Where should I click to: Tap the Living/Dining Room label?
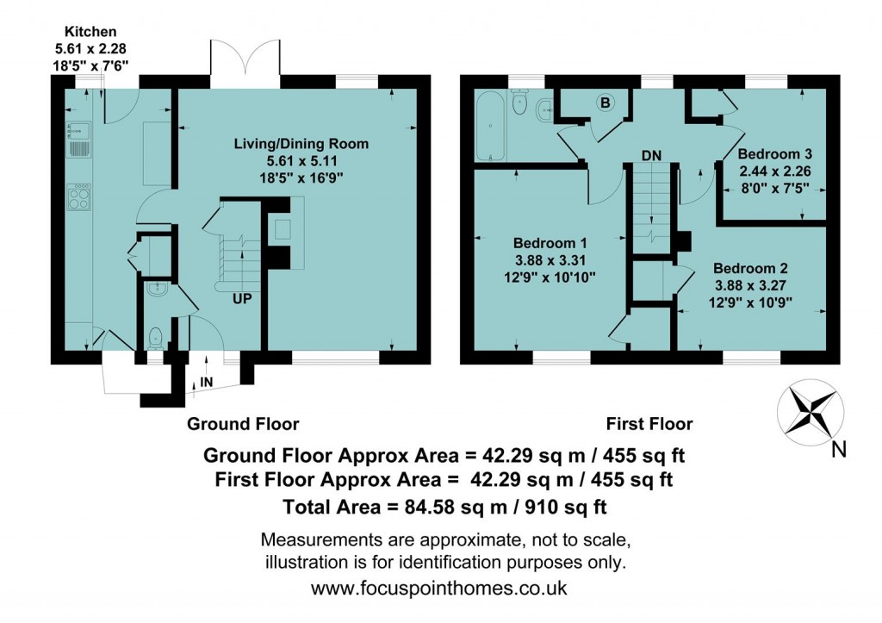pos(301,144)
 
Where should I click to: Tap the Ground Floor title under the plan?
pos(243,424)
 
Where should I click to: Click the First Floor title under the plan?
pos(649,424)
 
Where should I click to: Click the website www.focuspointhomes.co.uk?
pos(439,589)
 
